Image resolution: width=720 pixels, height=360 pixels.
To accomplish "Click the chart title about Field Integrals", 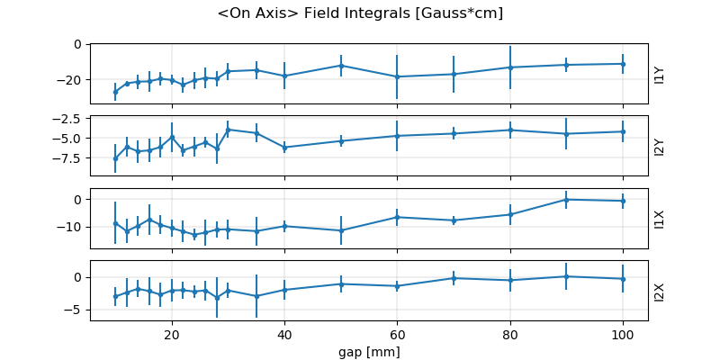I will [x=360, y=13].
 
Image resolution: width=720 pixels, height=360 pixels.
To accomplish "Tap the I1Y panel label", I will [x=660, y=74].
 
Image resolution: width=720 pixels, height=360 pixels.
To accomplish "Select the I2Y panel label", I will [x=660, y=146].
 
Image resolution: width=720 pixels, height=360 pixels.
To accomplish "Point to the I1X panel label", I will [x=660, y=218].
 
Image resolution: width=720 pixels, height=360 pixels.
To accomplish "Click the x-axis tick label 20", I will [x=172, y=334].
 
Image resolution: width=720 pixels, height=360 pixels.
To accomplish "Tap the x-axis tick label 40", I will [x=284, y=334].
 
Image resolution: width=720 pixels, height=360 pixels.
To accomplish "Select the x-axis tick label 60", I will [x=397, y=334].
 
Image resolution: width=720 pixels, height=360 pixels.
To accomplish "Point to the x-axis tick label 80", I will [x=510, y=334].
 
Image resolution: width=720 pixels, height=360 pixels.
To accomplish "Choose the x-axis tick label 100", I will [x=623, y=334].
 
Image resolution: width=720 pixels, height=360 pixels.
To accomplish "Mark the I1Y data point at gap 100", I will [x=623, y=64].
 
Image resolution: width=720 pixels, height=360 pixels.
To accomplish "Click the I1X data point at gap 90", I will [x=566, y=199].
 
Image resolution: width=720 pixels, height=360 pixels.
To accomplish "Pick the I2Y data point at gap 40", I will [x=284, y=147].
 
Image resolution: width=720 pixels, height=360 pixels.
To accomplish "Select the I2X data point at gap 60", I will [x=397, y=286].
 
